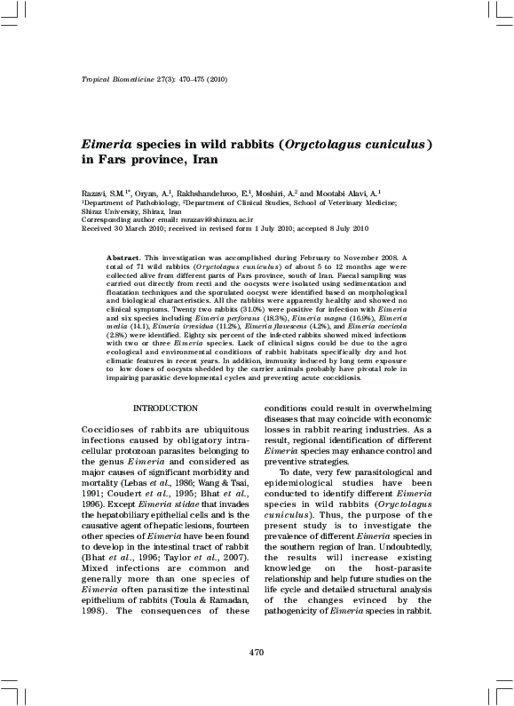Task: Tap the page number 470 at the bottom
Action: pyautogui.click(x=257, y=654)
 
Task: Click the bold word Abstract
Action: pyautogui.click(x=123, y=257)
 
